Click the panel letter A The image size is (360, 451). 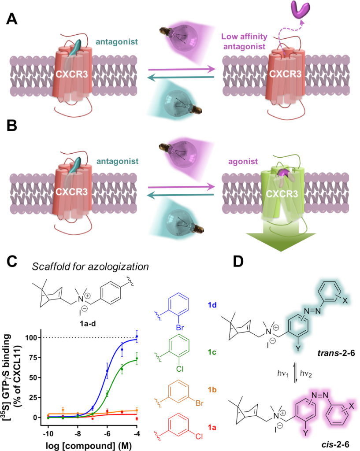[x=13, y=19]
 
